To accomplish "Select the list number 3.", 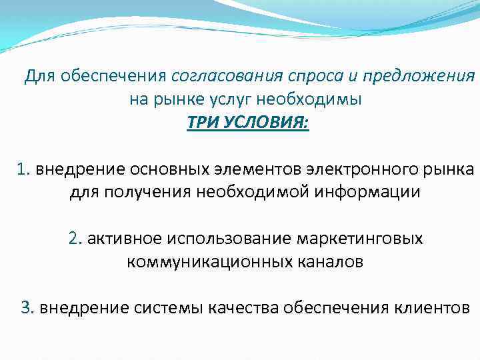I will tap(27, 307).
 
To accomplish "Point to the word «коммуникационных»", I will tap(201, 262).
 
